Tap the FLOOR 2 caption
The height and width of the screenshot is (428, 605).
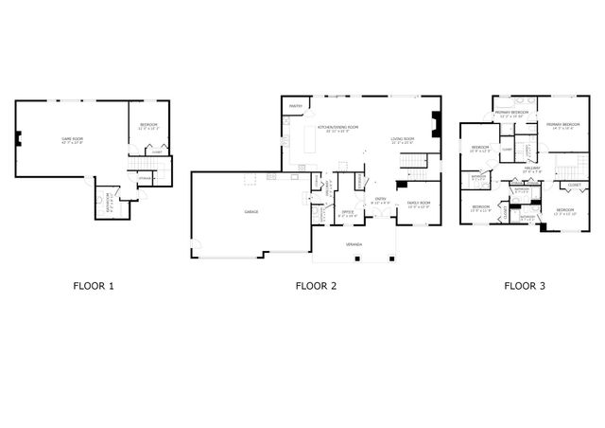[316, 284]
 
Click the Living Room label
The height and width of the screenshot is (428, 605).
[404, 139]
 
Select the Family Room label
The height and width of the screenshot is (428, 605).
[418, 203]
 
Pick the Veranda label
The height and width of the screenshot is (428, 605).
[354, 243]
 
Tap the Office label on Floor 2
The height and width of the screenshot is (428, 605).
[347, 212]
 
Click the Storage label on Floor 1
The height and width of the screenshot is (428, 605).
[145, 178]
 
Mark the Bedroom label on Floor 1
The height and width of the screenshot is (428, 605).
[149, 125]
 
